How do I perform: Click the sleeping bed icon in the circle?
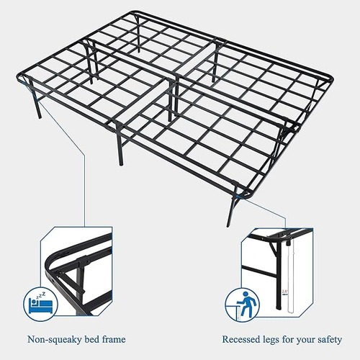click(40, 302)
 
